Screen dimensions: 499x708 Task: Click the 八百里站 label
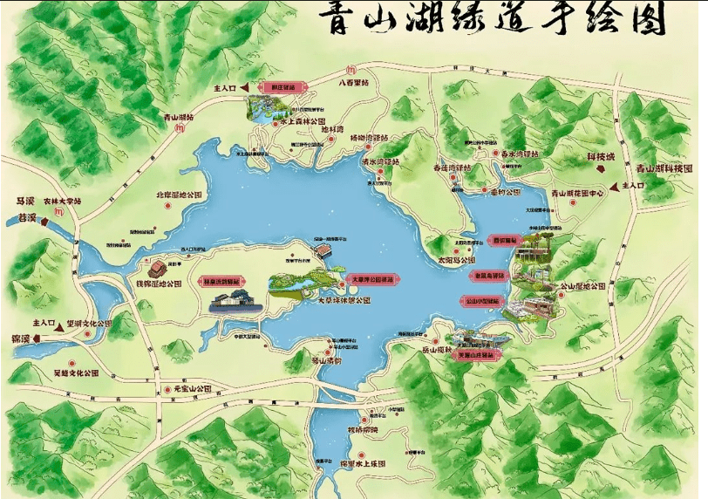[x=353, y=84]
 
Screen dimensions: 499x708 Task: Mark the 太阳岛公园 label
[x=456, y=260]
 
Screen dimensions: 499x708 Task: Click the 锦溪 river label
[x=18, y=336]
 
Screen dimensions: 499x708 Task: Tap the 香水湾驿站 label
[x=520, y=154]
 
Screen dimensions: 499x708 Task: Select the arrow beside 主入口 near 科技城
[x=618, y=186]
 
